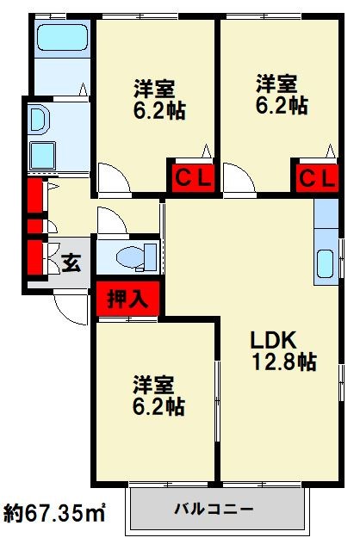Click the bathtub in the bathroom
62,37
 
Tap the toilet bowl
130,256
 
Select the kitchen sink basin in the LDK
325,263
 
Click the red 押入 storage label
127,300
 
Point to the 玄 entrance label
71,263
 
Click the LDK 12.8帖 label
283,351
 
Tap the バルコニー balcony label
214,509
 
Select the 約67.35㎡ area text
54,514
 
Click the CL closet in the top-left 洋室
193,178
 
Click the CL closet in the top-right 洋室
317,178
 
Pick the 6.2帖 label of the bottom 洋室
159,406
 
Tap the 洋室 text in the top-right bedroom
276,83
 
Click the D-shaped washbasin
40,120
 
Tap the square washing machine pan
43,156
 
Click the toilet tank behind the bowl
151,257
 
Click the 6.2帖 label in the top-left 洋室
159,110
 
